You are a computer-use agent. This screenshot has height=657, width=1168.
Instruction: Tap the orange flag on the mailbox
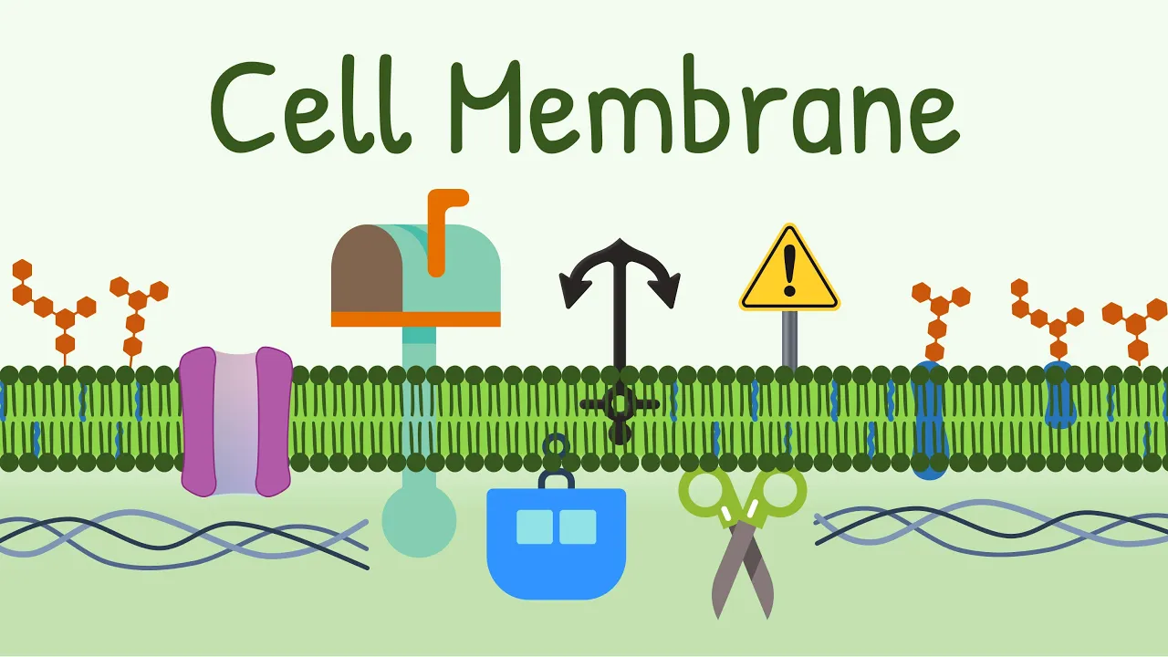pyautogui.click(x=442, y=228)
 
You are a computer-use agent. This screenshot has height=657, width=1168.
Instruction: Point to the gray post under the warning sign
pyautogui.click(x=789, y=339)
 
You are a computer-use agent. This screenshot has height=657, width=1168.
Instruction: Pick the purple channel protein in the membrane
pyautogui.click(x=235, y=420)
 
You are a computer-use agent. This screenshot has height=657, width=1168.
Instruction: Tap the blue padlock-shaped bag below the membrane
pyautogui.click(x=556, y=543)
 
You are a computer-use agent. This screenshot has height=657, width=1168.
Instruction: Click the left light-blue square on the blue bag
pyautogui.click(x=534, y=527)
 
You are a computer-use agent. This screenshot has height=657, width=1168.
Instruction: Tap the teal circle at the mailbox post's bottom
pyautogui.click(x=418, y=520)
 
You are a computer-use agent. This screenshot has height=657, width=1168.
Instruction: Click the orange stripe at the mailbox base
pyautogui.click(x=415, y=318)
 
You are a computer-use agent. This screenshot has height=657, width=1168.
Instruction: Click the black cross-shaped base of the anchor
pyautogui.click(x=620, y=406)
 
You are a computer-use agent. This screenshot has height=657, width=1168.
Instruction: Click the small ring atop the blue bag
pyautogui.click(x=555, y=445)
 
